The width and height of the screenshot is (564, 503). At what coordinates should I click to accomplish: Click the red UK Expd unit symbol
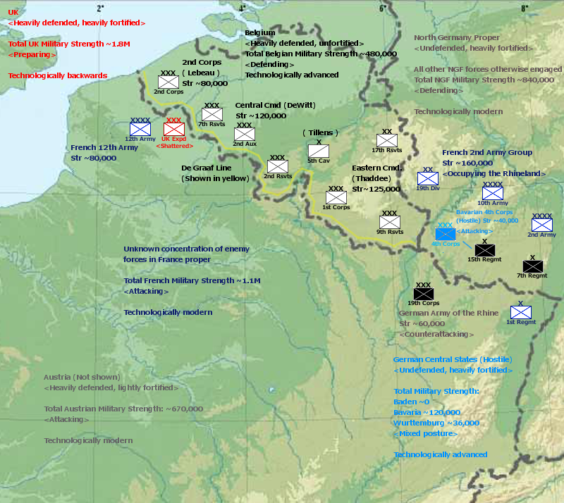[173, 129]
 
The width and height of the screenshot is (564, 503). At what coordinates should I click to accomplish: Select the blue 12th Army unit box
[140, 129]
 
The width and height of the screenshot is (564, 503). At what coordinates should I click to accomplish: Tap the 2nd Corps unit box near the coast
[168, 82]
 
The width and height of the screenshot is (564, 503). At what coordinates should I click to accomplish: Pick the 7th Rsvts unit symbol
[212, 114]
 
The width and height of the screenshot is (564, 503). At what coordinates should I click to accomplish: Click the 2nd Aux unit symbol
[245, 134]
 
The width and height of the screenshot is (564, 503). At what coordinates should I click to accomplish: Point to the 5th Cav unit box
[319, 151]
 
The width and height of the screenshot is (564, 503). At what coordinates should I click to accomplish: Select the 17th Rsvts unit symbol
[387, 140]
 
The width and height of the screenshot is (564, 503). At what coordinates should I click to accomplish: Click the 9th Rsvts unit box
[390, 222]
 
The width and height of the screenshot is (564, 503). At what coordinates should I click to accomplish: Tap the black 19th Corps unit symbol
[424, 293]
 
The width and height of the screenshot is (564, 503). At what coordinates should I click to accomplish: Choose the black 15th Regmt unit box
[485, 249]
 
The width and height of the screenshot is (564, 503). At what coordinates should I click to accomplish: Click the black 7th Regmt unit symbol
[533, 266]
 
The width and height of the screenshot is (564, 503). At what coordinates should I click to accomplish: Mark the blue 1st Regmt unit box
[521, 311]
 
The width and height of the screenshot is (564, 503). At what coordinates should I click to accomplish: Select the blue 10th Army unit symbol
[493, 193]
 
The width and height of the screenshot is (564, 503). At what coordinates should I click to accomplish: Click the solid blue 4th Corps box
[446, 233]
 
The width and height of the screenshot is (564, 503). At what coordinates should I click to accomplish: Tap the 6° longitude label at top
[383, 8]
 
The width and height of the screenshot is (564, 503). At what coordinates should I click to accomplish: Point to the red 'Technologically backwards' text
[58, 75]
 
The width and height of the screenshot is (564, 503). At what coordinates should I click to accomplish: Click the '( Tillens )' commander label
[321, 132]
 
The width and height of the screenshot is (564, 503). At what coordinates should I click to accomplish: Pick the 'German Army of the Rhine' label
[448, 313]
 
